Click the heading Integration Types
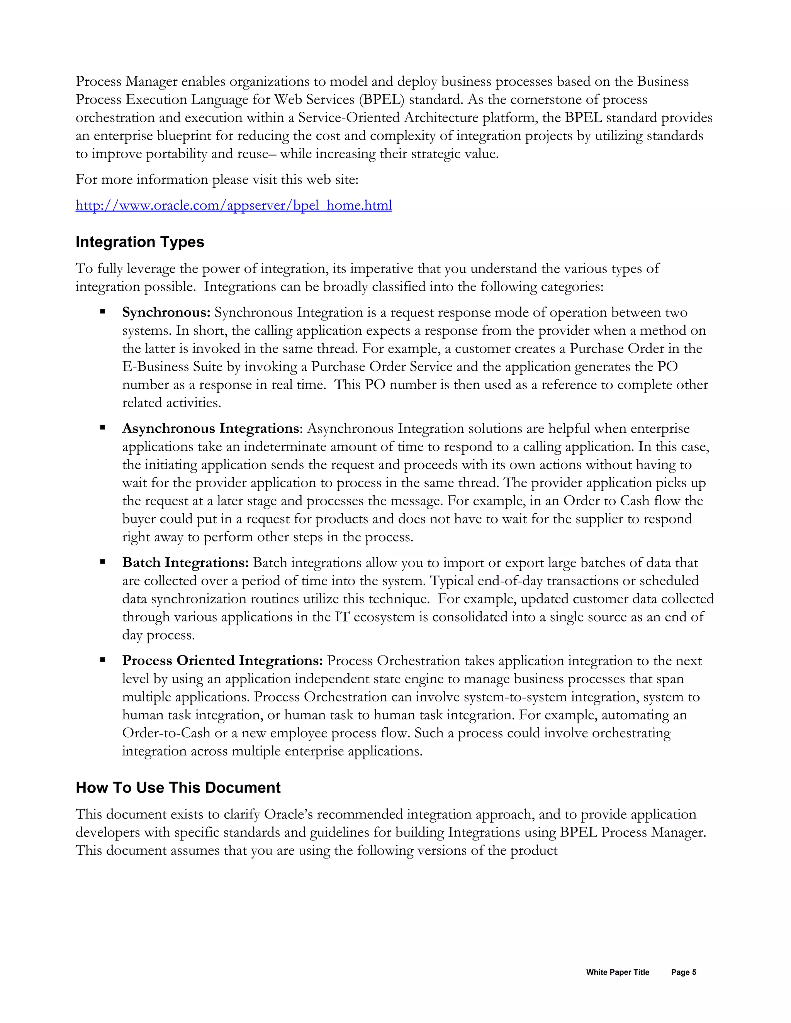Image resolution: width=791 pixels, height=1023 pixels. point(140,242)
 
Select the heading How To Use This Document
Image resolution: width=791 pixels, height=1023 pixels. point(178,788)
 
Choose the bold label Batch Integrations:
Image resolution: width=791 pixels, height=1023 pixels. point(185,562)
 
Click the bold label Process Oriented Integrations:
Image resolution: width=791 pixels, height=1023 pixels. point(222,661)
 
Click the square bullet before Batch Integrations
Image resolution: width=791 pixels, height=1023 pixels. point(102,562)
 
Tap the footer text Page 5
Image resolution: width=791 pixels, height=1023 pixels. point(683,972)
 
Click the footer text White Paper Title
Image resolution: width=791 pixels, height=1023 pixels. point(617,972)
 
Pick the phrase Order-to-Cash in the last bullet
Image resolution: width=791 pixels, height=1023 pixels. point(166,733)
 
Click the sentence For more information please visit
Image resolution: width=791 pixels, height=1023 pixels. point(217,180)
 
